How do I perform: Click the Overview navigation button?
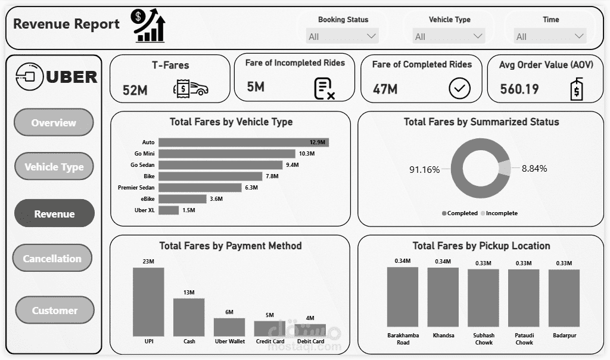[54, 123]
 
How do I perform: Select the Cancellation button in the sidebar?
[52, 259]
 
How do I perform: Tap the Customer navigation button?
[54, 311]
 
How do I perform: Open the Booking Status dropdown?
[343, 36]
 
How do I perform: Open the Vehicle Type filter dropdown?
[449, 36]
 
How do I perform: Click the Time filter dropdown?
[550, 36]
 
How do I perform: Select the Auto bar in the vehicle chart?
[243, 142]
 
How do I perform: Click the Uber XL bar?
[169, 210]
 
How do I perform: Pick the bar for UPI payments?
[148, 302]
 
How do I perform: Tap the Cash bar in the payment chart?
[189, 317]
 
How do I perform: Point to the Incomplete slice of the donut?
[504, 169]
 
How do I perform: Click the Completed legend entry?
[460, 213]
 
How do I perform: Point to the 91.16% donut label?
[424, 170]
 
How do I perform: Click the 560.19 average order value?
[519, 89]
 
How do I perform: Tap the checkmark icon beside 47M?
[459, 89]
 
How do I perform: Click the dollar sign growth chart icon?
[149, 25]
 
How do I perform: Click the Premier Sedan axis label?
[136, 188]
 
